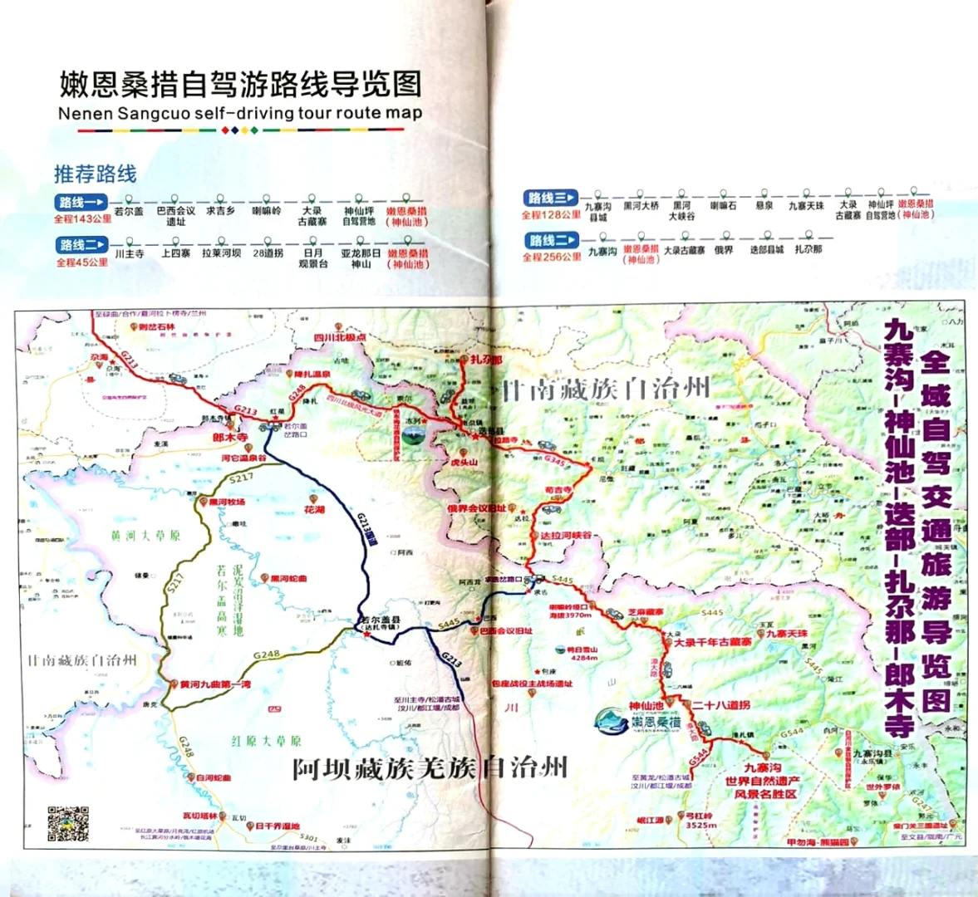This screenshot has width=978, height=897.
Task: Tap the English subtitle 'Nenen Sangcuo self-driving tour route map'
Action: [240, 114]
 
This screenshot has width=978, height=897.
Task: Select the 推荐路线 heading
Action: [95, 174]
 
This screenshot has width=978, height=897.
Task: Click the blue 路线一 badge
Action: [81, 202]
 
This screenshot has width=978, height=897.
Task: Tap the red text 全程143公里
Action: [82, 218]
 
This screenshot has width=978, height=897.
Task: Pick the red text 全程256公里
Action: [552, 257]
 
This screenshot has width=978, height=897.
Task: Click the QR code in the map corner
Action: [67, 824]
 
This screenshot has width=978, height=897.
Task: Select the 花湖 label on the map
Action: [314, 509]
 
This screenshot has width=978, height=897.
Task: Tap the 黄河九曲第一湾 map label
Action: [214, 684]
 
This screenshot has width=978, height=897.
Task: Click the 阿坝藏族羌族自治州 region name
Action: [430, 767]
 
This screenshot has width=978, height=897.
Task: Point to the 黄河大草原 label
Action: [145, 536]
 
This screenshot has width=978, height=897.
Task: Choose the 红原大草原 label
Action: [266, 741]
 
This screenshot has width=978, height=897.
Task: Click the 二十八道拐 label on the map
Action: [721, 705]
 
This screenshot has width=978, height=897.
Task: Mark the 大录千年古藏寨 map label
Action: [712, 642]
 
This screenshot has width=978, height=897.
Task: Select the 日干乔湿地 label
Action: [277, 826]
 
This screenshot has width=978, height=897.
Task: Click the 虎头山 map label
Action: [464, 462]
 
